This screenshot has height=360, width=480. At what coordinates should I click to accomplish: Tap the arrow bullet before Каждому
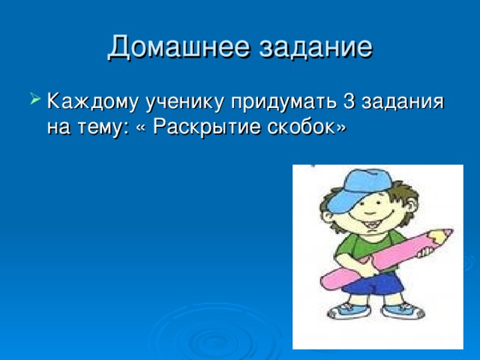tap(36, 100)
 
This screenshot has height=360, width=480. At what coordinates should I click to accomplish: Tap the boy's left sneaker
tap(346, 310)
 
